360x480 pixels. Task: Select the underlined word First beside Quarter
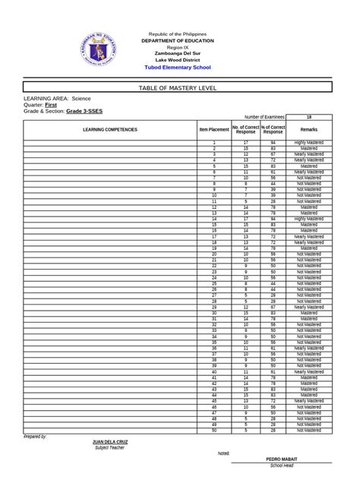[58, 105]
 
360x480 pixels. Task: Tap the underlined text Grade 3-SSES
[84, 111]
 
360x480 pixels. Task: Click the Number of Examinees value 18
[309, 117]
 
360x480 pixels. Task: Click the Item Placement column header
[214, 130]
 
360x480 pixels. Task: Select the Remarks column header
[309, 130]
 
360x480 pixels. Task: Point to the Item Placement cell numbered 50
[214, 431]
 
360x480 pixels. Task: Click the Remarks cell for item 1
[309, 142]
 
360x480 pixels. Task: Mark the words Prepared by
[36, 437]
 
